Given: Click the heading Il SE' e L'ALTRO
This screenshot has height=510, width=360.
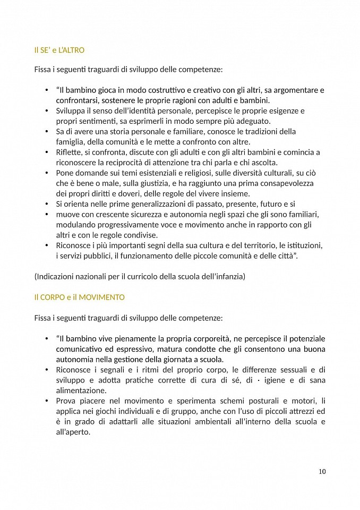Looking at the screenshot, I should (x=59, y=50).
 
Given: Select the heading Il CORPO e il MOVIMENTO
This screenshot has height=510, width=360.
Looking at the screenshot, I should (x=79, y=297).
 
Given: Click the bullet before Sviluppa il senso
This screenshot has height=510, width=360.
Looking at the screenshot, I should (x=47, y=110).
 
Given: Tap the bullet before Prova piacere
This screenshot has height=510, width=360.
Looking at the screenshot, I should (x=47, y=401).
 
